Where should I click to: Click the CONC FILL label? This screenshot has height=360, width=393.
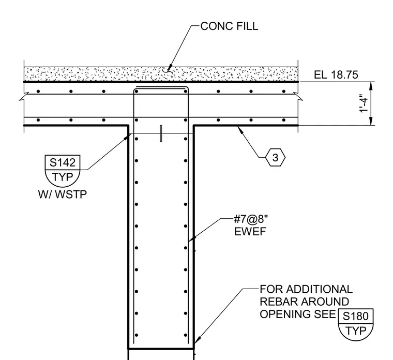point(229,26)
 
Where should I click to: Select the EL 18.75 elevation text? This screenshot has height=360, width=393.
point(336,75)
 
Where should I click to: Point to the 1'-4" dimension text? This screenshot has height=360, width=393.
point(364,103)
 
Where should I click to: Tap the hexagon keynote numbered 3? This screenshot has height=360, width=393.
point(275,157)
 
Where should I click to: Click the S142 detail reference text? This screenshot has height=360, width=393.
point(63,162)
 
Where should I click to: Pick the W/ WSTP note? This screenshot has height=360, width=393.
point(63,194)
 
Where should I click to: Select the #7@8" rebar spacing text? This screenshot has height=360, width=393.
point(251,220)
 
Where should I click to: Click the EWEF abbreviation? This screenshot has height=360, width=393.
point(250,231)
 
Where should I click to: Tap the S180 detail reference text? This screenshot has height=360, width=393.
point(356,316)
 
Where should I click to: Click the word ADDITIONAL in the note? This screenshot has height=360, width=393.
point(320,289)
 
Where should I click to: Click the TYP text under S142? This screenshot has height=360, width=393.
point(63,177)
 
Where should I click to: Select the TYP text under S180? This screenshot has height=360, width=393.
point(356,331)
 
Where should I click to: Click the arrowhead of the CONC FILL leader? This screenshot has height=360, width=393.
point(169,68)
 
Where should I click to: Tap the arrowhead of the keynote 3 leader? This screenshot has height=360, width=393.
point(240,129)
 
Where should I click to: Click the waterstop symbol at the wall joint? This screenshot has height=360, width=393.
point(161,134)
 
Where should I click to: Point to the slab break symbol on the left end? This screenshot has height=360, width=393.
point(24,97)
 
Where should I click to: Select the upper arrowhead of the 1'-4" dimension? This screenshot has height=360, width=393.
point(371,86)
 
